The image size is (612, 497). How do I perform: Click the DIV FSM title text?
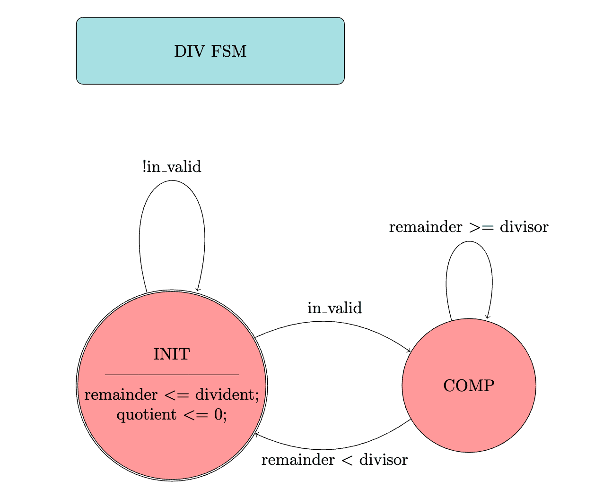(x=210, y=51)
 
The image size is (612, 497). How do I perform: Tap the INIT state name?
(x=171, y=354)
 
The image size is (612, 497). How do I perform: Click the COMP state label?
(x=468, y=386)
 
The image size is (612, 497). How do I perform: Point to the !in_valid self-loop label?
(x=171, y=167)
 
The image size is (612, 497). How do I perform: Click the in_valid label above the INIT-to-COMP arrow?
(x=334, y=308)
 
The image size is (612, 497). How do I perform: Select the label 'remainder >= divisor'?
(x=468, y=227)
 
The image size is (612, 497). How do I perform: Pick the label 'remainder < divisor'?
(x=334, y=460)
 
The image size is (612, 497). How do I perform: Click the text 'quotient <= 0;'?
(x=171, y=415)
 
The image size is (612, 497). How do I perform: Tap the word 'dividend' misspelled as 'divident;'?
(x=227, y=394)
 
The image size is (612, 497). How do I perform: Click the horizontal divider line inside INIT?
(x=171, y=374)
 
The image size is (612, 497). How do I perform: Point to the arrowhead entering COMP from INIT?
(x=409, y=351)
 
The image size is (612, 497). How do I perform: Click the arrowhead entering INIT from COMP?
(x=256, y=434)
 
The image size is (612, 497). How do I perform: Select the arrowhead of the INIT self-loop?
(x=198, y=290)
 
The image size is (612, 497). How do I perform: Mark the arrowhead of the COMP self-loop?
(x=486, y=317)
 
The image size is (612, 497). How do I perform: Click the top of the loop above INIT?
(x=171, y=180)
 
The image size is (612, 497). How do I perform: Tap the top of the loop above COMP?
(x=469, y=241)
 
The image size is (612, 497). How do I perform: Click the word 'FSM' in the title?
(x=231, y=51)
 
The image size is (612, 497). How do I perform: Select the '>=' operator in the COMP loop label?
(x=481, y=227)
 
